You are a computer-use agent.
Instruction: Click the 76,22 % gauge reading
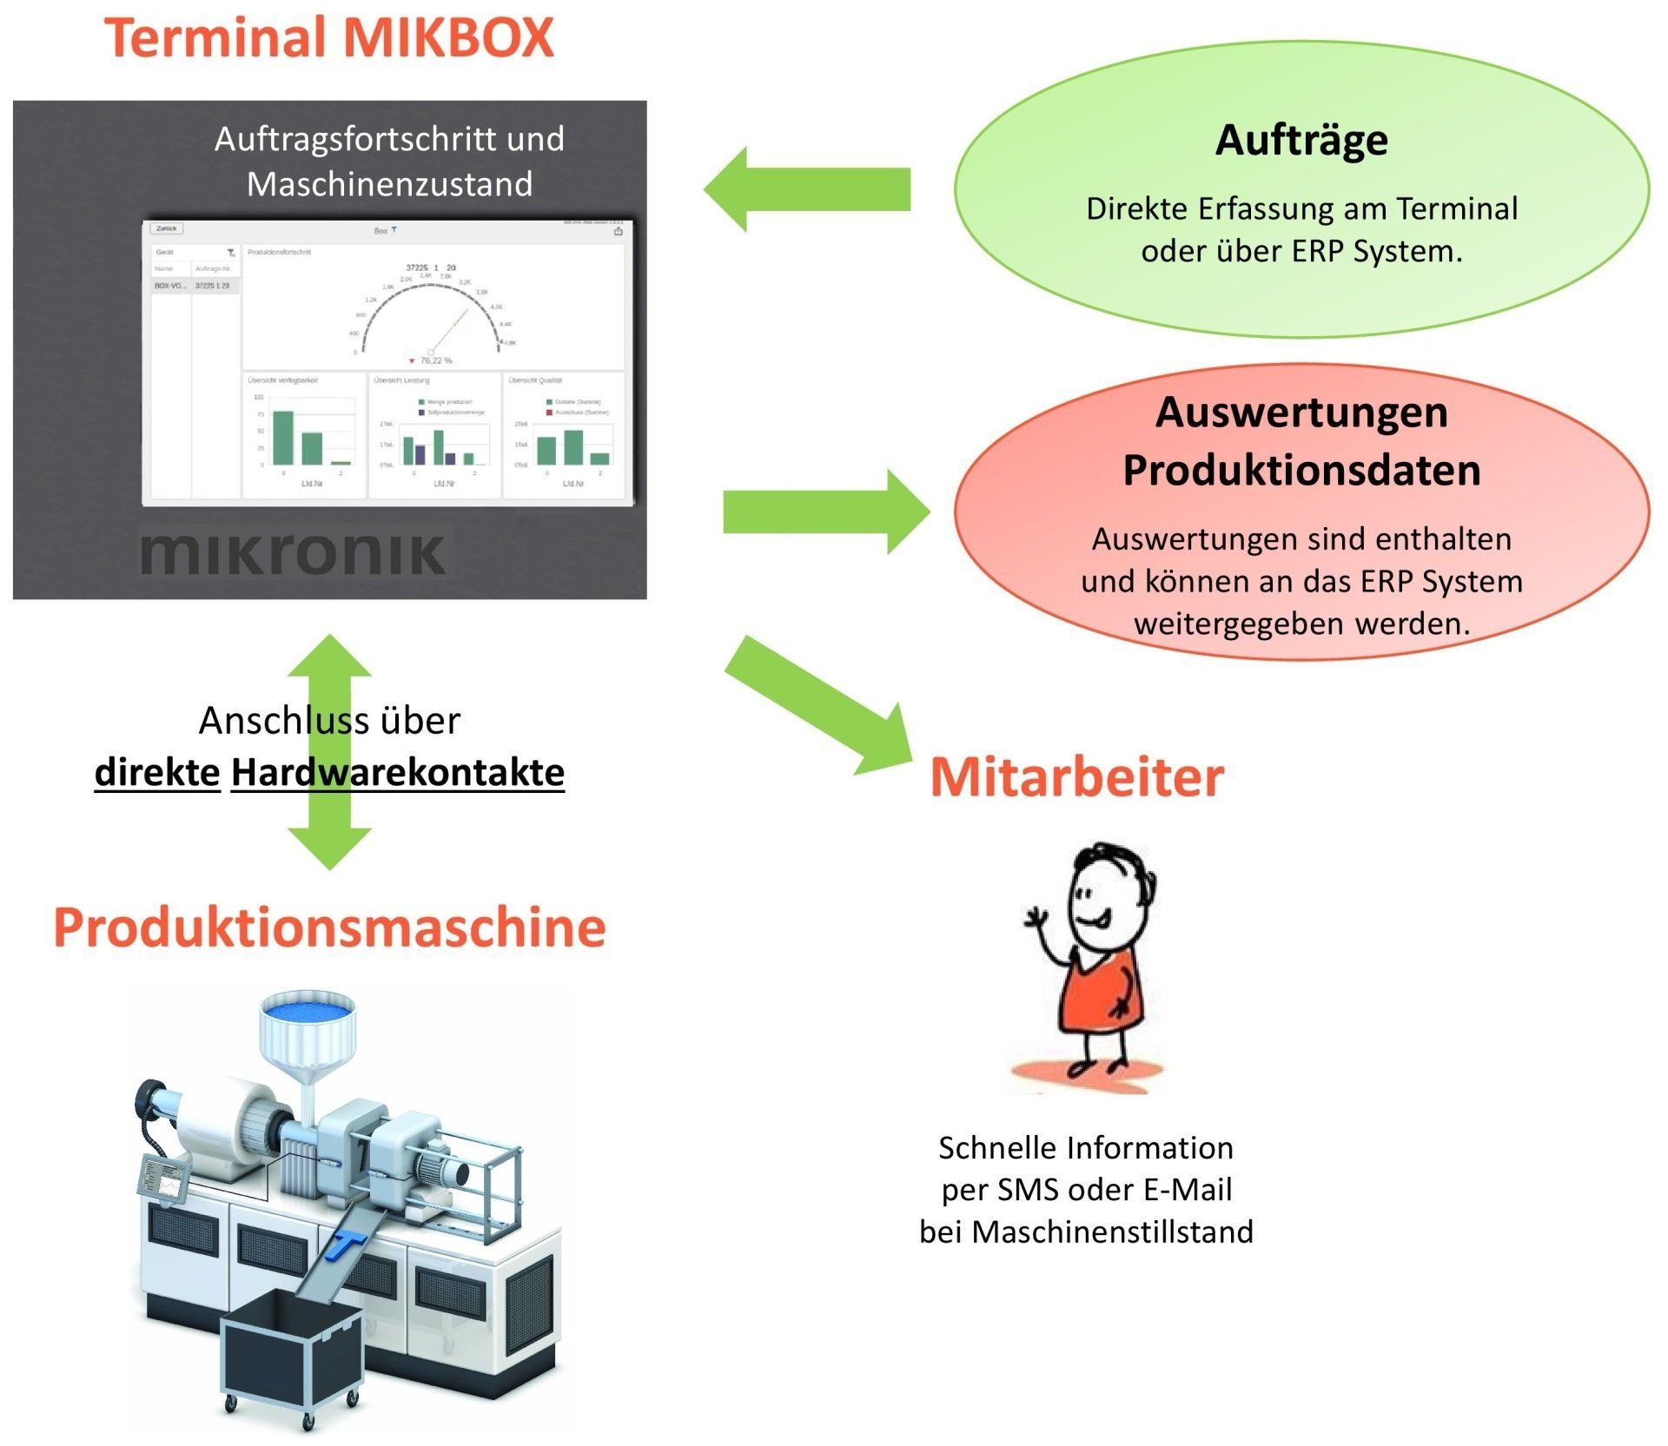pyautogui.click(x=435, y=360)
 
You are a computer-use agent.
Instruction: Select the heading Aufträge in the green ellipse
pyautogui.click(x=1301, y=140)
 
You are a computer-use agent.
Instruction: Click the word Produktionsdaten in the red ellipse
pyautogui.click(x=1301, y=470)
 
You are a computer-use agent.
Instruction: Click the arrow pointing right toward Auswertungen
pyautogui.click(x=825, y=512)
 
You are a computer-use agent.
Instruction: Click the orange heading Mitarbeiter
pyautogui.click(x=1076, y=776)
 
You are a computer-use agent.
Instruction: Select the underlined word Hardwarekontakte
pyautogui.click(x=397, y=771)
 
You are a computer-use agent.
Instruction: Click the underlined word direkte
pyautogui.click(x=157, y=771)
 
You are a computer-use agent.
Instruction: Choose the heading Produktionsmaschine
pyautogui.click(x=329, y=927)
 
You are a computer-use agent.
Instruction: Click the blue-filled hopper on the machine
pyautogui.click(x=308, y=1013)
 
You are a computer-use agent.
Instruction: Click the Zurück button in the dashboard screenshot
pyautogui.click(x=167, y=228)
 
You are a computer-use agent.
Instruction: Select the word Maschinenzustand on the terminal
pyautogui.click(x=389, y=184)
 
